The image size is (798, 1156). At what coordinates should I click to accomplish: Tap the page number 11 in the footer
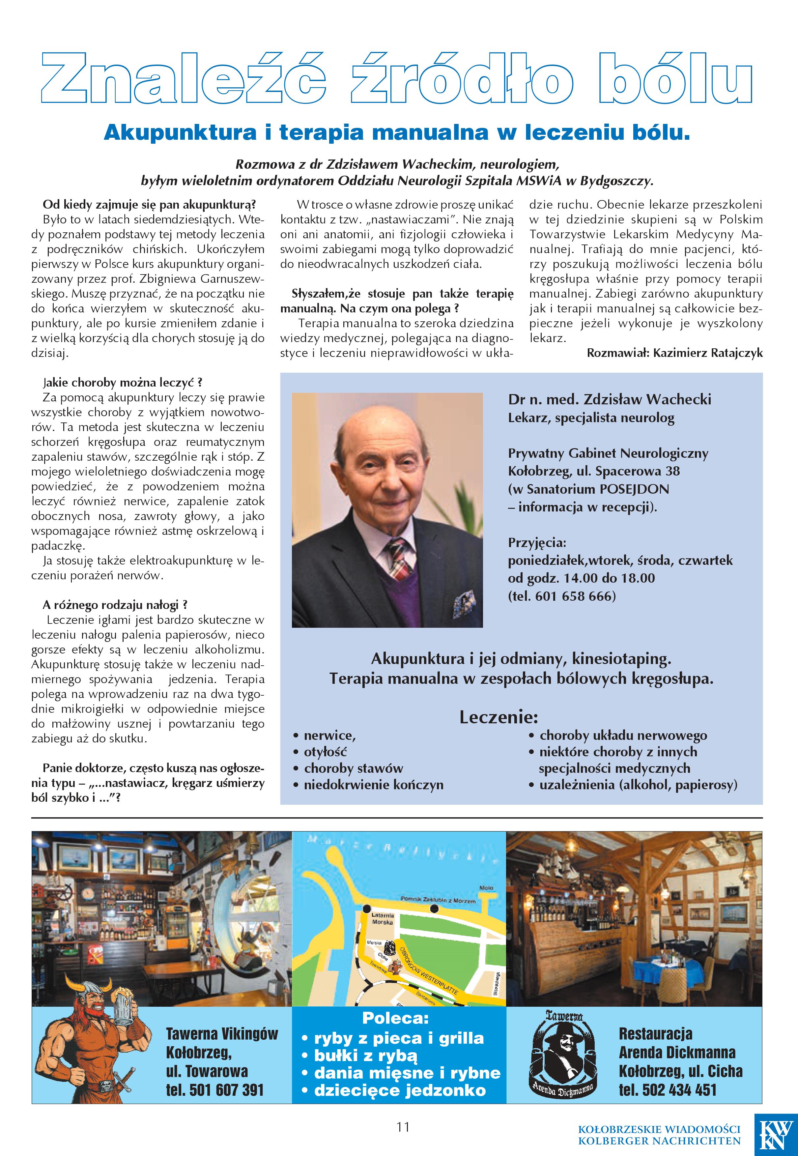coord(403,1126)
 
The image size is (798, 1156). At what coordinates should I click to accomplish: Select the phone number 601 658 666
coord(573,596)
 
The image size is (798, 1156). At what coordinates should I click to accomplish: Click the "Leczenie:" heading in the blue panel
coord(498,717)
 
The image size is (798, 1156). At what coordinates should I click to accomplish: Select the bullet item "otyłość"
coord(325,752)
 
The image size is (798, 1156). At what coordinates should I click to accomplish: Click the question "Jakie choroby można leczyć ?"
coord(123,383)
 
